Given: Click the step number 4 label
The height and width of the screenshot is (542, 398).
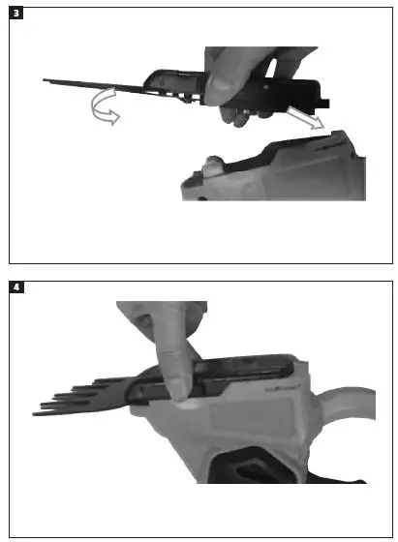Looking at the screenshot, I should coord(15,287).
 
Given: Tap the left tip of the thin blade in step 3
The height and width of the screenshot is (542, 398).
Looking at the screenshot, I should coord(46,80).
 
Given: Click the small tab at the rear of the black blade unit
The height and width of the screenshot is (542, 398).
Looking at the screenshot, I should coord(328,102).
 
